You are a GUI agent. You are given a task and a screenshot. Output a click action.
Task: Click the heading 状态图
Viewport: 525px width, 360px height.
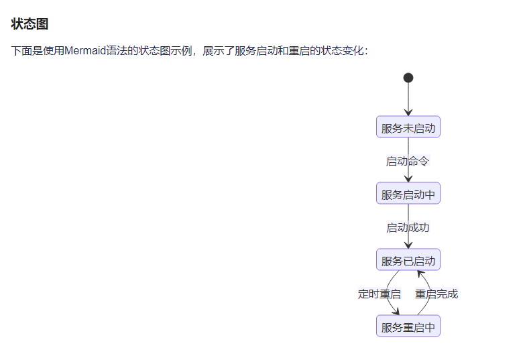pos(30,24)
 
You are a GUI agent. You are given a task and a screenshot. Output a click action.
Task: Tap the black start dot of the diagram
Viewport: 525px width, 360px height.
pos(408,78)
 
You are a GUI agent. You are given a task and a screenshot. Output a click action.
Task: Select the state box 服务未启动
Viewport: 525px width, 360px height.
pos(408,128)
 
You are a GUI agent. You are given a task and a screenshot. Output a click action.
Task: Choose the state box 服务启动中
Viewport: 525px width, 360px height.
pos(408,194)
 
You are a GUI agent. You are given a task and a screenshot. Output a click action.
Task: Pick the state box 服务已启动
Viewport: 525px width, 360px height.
pos(408,261)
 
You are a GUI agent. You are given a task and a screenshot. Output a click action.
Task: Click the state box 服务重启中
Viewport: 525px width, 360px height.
pos(408,327)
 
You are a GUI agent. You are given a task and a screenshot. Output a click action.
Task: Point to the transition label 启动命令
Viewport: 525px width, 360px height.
pos(408,162)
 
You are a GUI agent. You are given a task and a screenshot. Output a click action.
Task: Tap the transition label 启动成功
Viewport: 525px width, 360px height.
pos(408,228)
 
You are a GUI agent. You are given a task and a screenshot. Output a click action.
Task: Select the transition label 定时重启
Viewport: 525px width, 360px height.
pos(380,294)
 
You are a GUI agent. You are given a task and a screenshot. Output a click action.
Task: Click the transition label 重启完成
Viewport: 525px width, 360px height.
pos(436,294)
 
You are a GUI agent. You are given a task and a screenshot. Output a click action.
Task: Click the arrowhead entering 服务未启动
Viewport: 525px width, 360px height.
pos(408,113)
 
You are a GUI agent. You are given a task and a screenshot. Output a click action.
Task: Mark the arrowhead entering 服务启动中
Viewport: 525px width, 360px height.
pos(408,179)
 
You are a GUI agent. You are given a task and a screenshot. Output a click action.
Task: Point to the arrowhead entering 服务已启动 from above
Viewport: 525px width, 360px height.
pos(408,245)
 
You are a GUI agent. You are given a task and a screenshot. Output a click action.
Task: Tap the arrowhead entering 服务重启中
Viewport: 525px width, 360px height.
pos(396,312)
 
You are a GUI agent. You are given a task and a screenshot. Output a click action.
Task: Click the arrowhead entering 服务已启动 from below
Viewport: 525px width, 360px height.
pos(420,274)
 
